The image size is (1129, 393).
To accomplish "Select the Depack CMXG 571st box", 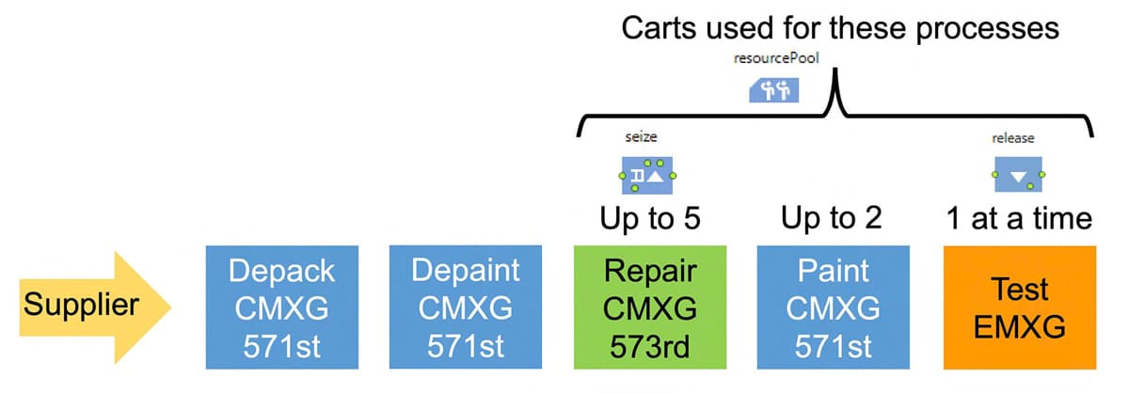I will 282,307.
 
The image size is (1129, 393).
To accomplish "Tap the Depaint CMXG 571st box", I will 466,307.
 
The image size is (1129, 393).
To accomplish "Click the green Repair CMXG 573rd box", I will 649,307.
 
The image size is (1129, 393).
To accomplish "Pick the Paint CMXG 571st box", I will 833,307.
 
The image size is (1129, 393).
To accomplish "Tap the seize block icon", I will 650,175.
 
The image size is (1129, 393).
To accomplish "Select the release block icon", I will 1019,175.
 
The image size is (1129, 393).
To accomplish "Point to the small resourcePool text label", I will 776,58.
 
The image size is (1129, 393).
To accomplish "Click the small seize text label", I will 641,137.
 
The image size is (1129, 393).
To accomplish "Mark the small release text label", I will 1013,137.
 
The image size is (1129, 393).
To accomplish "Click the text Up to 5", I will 649,219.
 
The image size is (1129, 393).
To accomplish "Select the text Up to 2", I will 832,219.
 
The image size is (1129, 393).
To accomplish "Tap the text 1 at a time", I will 1019,219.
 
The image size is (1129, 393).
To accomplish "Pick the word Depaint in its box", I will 466,271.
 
